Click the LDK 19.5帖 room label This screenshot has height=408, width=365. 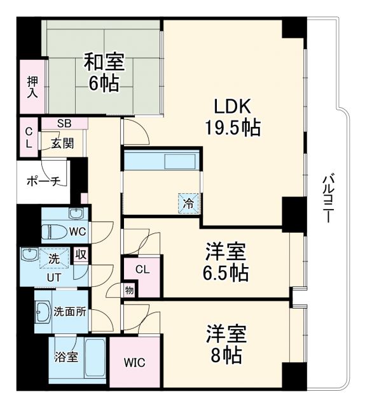231,117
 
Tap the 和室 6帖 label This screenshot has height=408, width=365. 104,73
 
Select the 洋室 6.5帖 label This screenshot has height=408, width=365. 226,262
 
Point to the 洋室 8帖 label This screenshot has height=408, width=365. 226,344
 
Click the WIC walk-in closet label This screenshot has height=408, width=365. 134,363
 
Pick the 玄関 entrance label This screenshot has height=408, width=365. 62,143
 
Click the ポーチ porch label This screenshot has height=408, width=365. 45,182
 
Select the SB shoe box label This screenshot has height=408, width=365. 64,123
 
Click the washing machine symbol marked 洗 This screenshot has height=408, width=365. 53,259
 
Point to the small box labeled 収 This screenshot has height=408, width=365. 79,255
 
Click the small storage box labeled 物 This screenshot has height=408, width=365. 130,291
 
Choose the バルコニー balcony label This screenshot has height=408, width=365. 327,197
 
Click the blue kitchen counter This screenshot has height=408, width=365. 161,160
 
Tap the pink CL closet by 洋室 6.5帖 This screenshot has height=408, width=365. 142,270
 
